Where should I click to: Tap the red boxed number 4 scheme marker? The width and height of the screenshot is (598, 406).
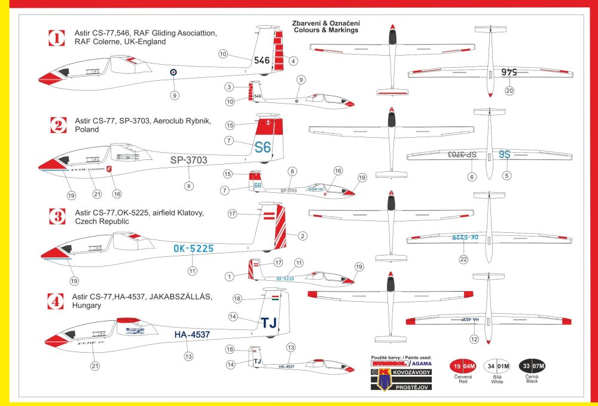coord(56,301)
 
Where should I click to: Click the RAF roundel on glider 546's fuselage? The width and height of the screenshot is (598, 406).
coord(173,72)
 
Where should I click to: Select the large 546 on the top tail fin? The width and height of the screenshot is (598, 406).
coord(262,60)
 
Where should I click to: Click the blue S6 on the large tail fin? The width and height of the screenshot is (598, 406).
coord(263,147)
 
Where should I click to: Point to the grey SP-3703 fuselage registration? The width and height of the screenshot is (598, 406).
coord(188,160)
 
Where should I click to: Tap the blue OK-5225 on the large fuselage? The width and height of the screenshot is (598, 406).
coord(193,249)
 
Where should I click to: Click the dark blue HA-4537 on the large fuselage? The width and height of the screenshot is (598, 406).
coord(192,335)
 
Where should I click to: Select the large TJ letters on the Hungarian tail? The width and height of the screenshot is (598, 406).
coord(269,323)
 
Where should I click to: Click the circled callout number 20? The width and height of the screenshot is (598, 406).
coord(509,91)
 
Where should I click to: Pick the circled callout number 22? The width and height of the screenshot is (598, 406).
coord(463,259)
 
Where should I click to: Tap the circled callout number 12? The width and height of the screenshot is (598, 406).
coord(475,340)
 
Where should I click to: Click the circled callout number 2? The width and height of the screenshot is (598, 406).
coord(303,236)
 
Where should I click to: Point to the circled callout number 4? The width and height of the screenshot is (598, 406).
coord(293,60)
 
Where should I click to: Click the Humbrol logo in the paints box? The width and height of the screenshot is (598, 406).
coord(389,363)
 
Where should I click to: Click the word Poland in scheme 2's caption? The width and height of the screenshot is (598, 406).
coord(87,129)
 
